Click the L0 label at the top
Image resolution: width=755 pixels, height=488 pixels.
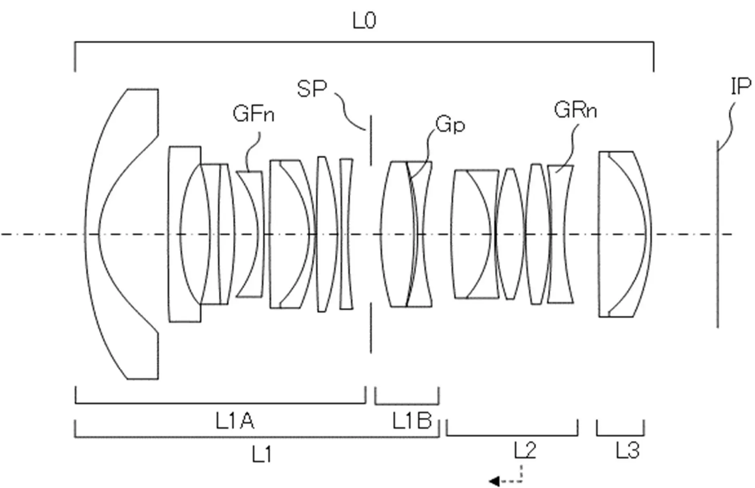365,21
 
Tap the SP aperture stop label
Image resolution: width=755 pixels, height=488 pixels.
312,89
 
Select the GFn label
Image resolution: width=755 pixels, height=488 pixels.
254,114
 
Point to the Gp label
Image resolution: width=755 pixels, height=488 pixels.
450,125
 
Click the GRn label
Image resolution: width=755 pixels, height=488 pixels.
575,110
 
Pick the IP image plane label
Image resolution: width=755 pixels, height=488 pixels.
741,86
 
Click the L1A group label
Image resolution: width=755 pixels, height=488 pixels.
235,422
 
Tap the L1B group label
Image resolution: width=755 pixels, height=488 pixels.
412,421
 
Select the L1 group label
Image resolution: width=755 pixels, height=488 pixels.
262,455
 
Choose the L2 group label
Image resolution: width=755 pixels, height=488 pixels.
525,450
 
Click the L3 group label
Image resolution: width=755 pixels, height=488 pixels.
628,450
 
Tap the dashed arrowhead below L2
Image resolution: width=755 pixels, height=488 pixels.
494,481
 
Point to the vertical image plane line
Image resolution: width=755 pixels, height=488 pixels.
718,234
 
